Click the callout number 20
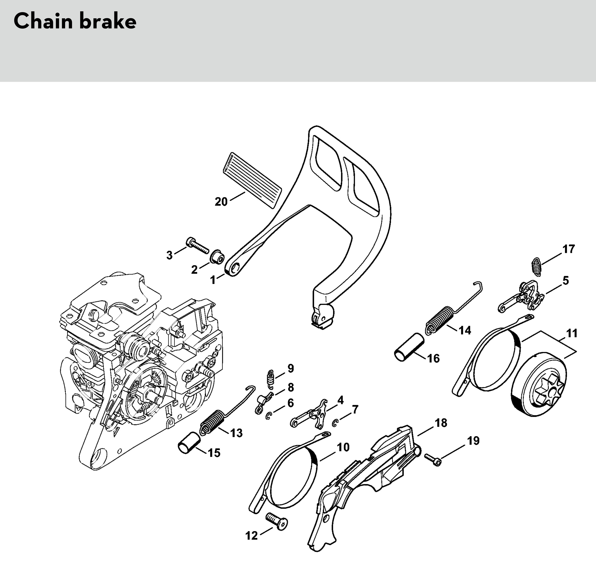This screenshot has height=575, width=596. [221, 202]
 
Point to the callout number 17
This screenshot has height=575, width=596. [568, 249]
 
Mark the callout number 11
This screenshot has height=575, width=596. [572, 333]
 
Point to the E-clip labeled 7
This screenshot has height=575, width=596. [335, 423]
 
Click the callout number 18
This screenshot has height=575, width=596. [441, 423]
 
